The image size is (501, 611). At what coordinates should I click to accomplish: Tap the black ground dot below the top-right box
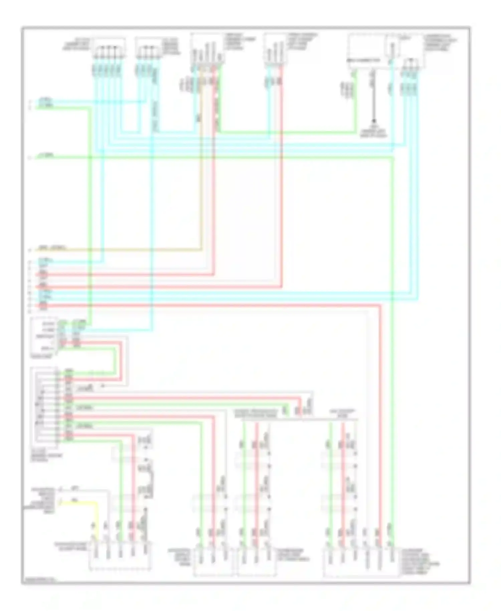[x=374, y=121]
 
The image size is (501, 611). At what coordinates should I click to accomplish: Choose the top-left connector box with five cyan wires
[x=109, y=48]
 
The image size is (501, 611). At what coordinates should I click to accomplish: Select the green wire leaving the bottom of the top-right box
[x=355, y=100]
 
